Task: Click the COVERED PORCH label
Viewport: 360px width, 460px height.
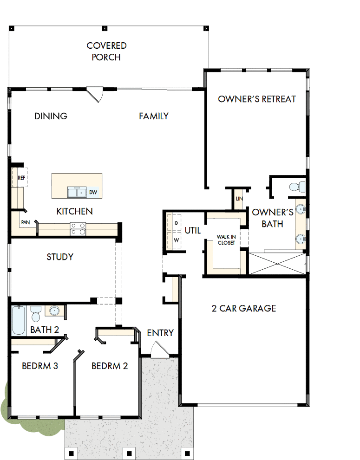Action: click(x=106, y=52)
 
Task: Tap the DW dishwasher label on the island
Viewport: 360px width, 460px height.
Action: click(x=93, y=192)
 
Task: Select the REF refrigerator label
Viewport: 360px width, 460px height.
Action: click(x=21, y=178)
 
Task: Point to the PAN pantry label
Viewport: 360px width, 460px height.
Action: click(x=25, y=222)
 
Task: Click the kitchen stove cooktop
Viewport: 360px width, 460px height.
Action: click(x=78, y=229)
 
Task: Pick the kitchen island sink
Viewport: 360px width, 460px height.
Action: click(x=77, y=192)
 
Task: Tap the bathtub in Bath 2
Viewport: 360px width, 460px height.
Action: click(x=19, y=320)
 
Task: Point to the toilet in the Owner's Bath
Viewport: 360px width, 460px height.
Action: click(x=297, y=187)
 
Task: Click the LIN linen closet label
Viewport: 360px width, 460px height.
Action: click(x=239, y=199)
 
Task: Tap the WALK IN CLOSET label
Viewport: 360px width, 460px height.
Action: click(x=226, y=240)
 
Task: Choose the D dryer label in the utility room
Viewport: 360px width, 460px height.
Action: click(x=176, y=223)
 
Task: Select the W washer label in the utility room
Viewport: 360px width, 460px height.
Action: click(x=176, y=240)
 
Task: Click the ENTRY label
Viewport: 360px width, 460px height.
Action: click(x=160, y=333)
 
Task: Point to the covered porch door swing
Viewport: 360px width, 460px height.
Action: click(x=95, y=95)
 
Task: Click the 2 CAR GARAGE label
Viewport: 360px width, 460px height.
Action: click(x=244, y=308)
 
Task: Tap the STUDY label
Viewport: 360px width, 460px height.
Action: click(x=60, y=257)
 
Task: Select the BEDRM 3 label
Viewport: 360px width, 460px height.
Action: click(x=40, y=366)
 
